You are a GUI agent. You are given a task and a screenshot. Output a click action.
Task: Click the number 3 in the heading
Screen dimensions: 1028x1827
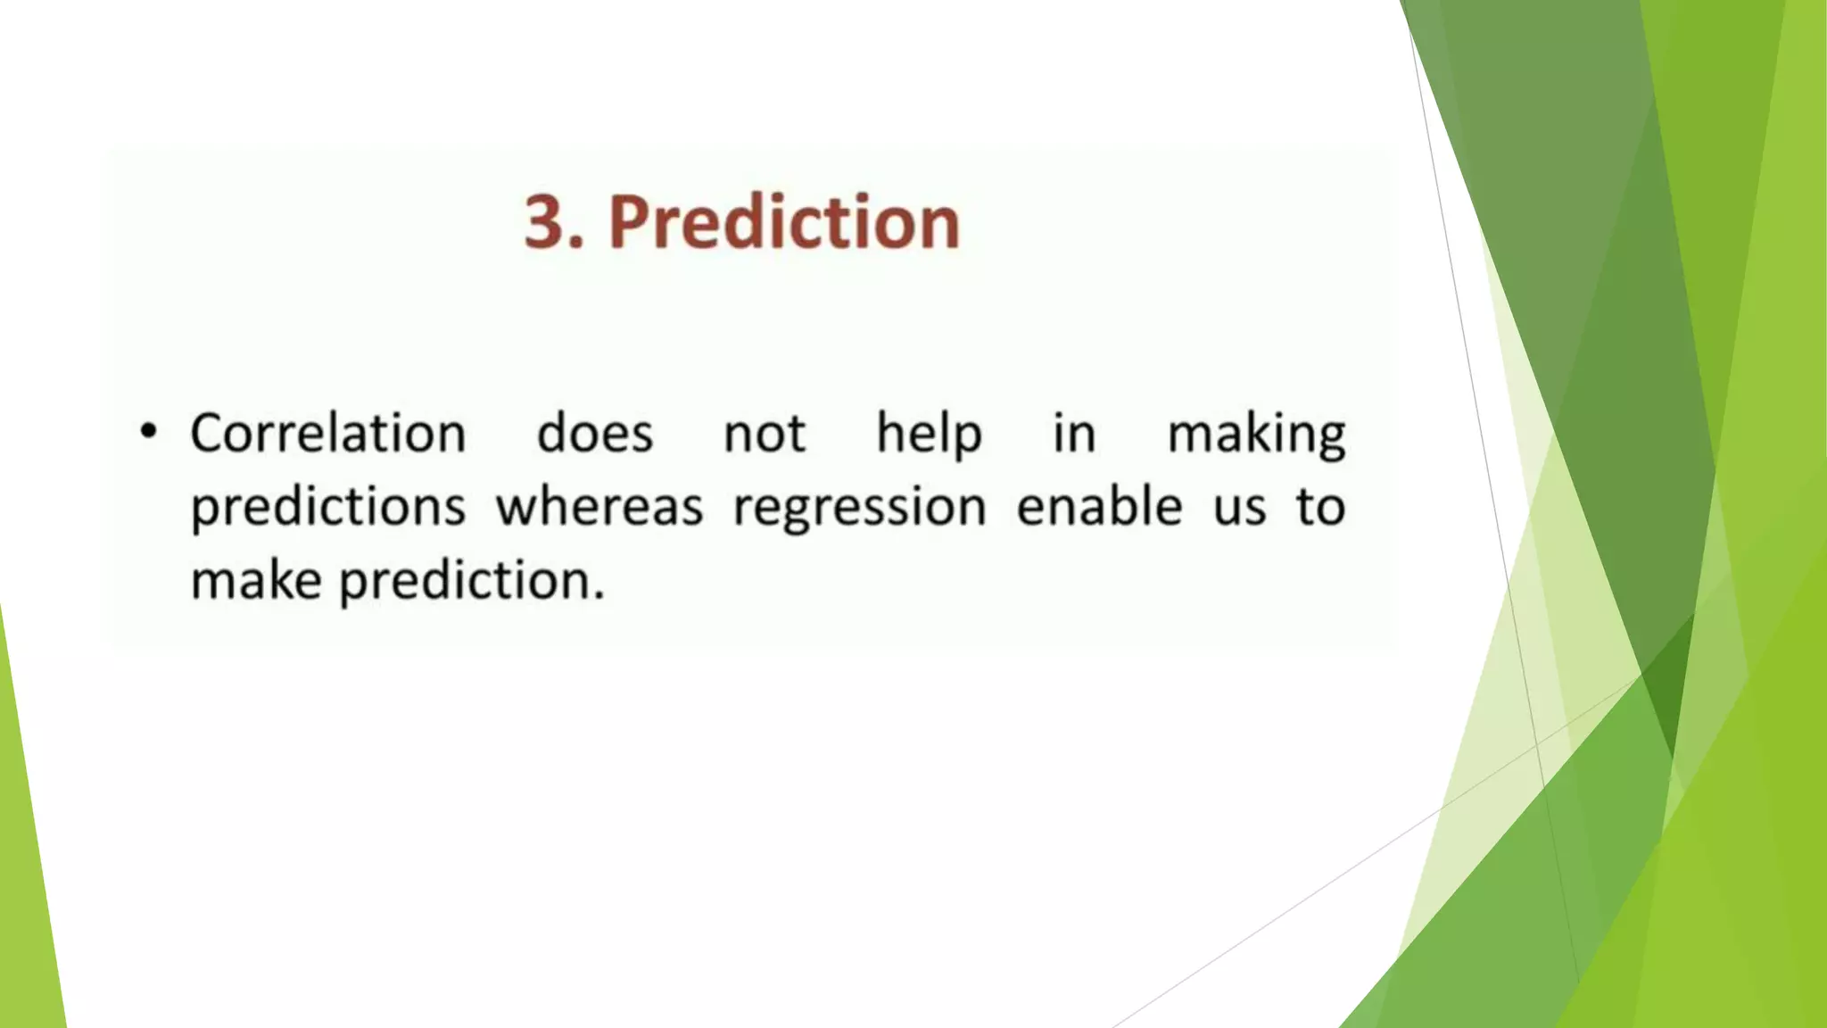(545, 222)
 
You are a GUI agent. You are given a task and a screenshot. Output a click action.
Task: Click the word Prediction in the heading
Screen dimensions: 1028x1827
(783, 222)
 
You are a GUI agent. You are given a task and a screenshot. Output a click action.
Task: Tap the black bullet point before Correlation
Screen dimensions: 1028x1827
(148, 433)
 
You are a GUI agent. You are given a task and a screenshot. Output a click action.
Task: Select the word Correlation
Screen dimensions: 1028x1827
(328, 435)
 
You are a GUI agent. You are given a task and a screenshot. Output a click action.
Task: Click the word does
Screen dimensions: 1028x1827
(595, 435)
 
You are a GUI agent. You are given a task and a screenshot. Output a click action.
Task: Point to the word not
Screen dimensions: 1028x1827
(765, 435)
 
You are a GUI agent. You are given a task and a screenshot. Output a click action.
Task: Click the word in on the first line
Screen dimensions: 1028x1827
(1074, 435)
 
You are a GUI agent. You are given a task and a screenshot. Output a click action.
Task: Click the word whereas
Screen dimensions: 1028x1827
(599, 508)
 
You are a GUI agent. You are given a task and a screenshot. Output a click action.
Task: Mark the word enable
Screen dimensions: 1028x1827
(1099, 507)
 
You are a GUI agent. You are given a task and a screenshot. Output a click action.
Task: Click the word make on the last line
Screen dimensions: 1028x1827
(256, 581)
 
